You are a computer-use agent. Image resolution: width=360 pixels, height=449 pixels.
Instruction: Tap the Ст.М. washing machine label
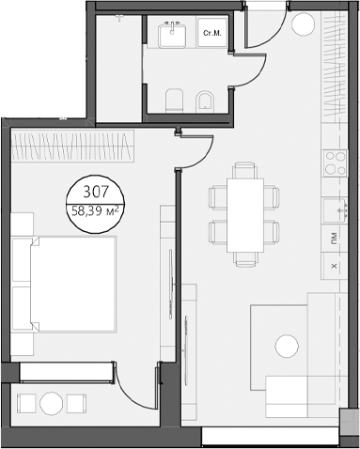tap(212, 35)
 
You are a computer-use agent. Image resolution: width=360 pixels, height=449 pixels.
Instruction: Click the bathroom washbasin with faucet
tap(174, 36)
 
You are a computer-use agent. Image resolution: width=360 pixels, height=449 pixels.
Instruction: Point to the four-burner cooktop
tap(333, 164)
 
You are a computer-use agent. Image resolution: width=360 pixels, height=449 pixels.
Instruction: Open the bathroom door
tap(247, 83)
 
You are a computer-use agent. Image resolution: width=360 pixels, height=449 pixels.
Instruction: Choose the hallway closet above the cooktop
tap(333, 85)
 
